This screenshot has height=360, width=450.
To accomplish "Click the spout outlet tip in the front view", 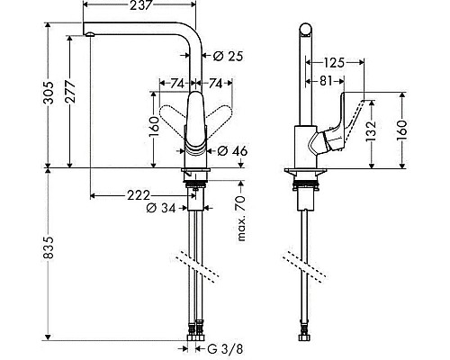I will pos(89,33).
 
